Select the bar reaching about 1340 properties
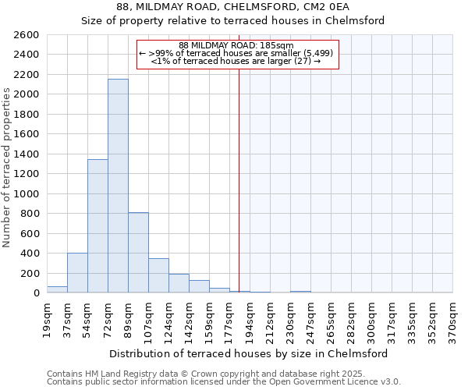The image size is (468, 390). click(97, 226)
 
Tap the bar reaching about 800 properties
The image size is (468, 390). click(138, 253)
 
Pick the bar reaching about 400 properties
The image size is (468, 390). click(77, 273)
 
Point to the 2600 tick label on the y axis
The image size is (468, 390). click(27, 35)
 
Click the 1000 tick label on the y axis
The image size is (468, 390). click(27, 193)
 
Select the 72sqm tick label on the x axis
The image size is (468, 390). click(108, 319)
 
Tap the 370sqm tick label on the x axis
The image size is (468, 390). click(453, 319)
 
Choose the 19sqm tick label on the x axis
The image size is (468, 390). click(47, 319)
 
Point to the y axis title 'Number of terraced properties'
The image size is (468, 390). click(8, 168)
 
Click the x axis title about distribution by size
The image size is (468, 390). click(249, 353)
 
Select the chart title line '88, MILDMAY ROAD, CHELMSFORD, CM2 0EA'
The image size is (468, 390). click(234, 7)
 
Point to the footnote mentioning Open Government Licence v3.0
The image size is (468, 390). click(224, 382)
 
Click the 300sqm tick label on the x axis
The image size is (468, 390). click(372, 319)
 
